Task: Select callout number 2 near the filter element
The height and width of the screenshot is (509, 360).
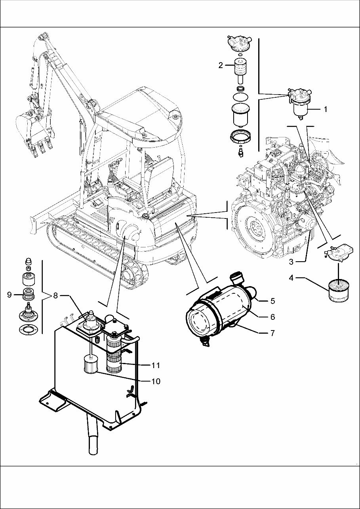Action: [221, 66]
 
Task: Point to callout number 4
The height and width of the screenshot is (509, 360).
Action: [291, 278]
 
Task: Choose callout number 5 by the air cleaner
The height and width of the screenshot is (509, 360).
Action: [272, 301]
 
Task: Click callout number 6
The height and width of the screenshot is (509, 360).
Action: [272, 317]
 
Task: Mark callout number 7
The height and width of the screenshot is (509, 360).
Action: [272, 333]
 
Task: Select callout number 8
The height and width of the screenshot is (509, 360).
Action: [55, 295]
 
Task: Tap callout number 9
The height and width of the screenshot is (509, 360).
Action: [9, 295]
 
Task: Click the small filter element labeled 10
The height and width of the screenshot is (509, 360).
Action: [91, 364]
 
